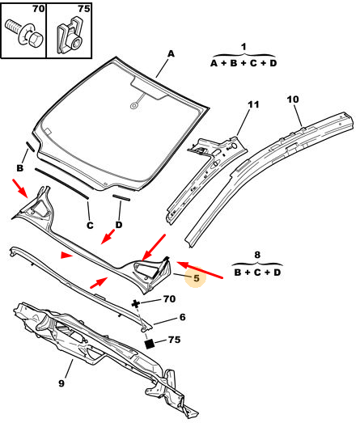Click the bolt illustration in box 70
coord(24,33)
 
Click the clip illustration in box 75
coord(69,36)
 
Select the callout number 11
coord(253,104)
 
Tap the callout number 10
coord(293,99)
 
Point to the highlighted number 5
coord(197,278)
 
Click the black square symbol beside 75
coord(150,344)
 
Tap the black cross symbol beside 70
coord(135,303)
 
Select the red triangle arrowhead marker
coord(66,256)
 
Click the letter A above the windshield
coord(171,53)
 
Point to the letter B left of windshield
coord(20,168)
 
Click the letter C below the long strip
coord(90,225)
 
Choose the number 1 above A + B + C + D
coord(244,47)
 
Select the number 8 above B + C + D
coord(257,255)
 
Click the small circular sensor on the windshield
coord(133,105)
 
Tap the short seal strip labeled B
coord(30,146)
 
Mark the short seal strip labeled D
coord(121,197)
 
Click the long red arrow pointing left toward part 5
coord(200,270)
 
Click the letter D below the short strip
coord(119,225)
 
